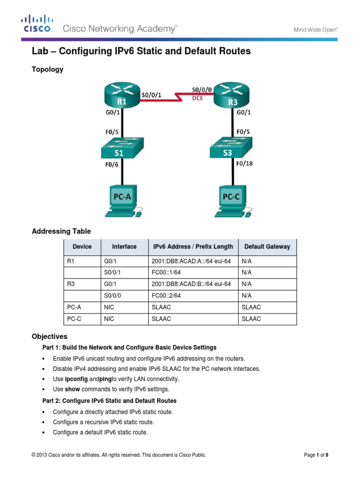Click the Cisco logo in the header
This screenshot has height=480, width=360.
(38, 24)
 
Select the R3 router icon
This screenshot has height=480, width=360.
(231, 95)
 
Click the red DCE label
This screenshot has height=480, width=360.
(198, 98)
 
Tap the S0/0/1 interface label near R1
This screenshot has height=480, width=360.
(152, 94)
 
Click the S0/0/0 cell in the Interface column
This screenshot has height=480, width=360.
(112, 296)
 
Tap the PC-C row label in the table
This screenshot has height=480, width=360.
(73, 319)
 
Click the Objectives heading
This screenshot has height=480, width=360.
(49, 337)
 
